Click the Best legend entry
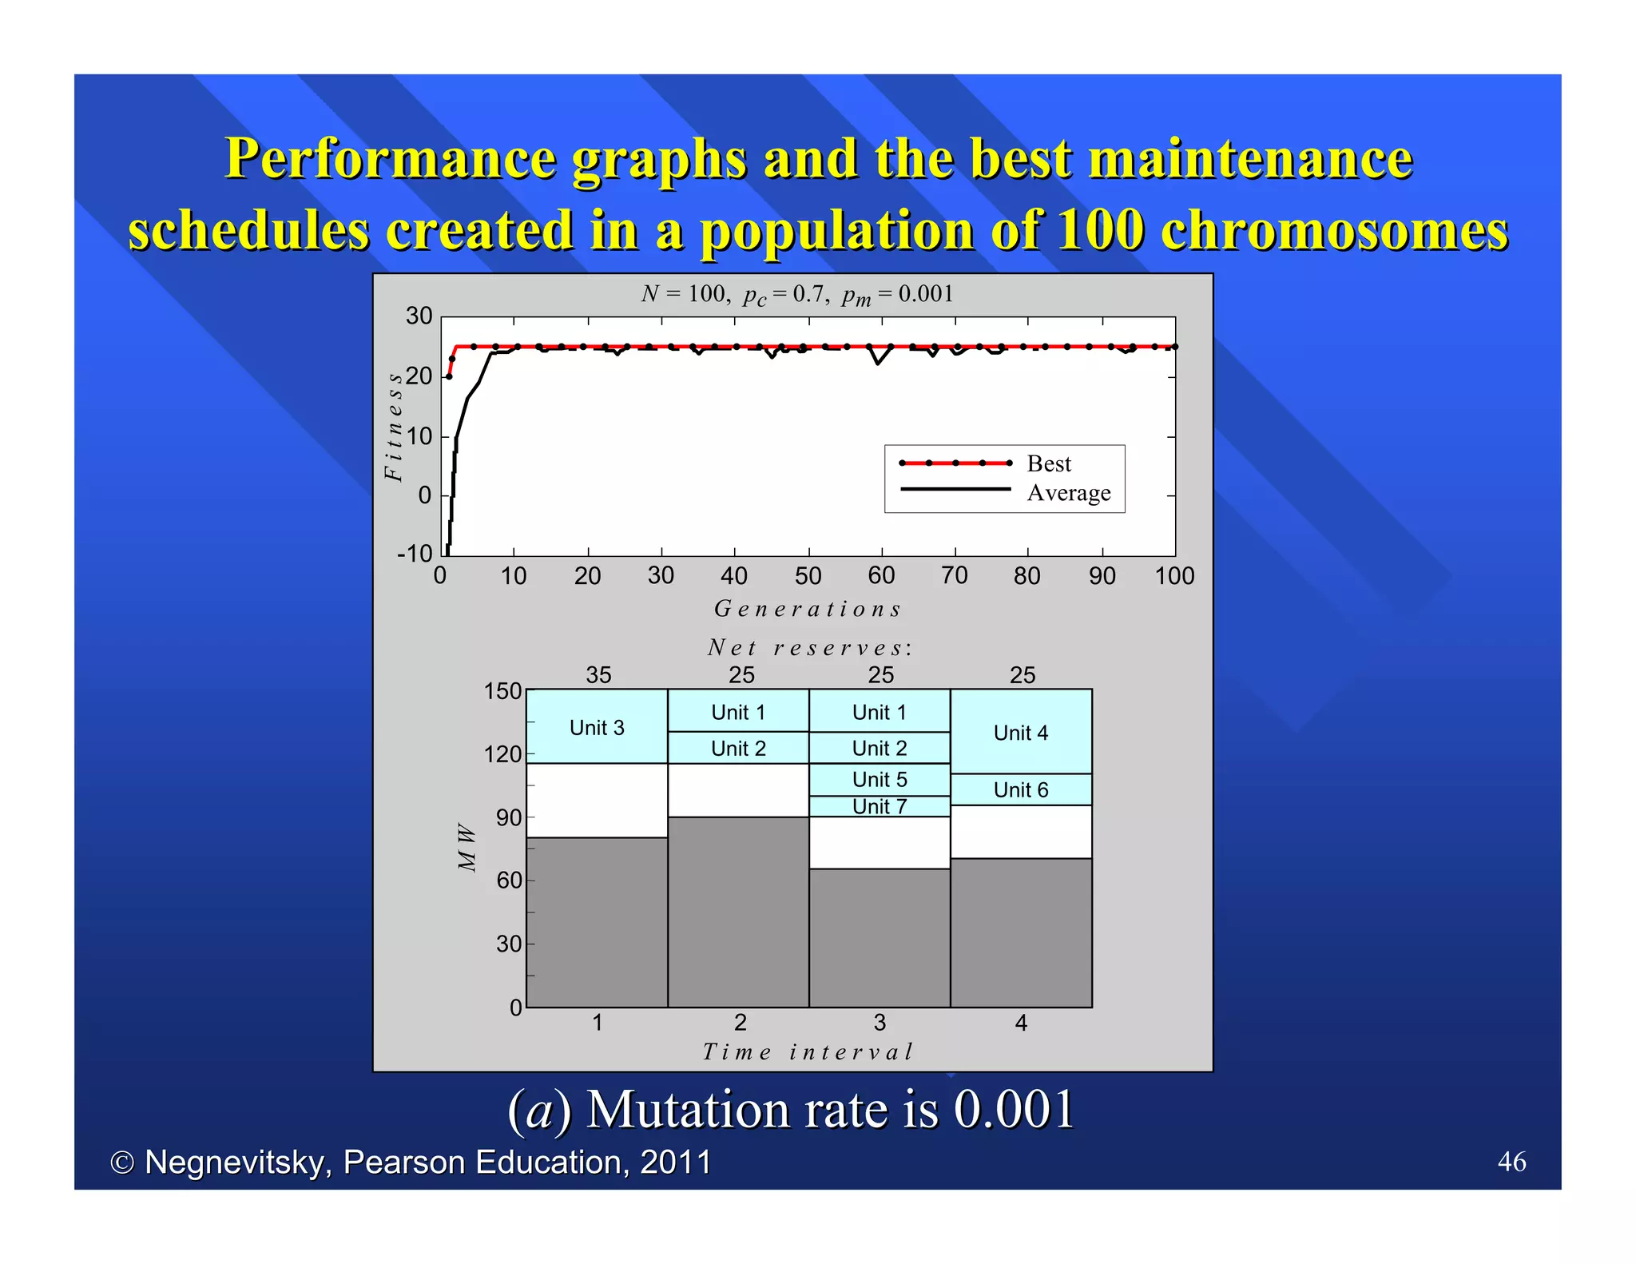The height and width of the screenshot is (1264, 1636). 1048,463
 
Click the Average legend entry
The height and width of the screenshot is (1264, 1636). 1068,492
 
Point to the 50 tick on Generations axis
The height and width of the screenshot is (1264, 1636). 808,576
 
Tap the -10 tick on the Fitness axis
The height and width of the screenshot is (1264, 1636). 415,554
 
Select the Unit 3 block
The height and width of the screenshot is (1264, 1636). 597,727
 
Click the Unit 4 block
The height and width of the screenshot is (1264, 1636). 1021,732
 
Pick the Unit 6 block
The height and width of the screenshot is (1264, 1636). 1021,789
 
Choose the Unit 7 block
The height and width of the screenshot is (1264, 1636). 880,806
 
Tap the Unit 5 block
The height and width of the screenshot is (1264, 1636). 880,779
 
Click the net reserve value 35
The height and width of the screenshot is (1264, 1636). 598,675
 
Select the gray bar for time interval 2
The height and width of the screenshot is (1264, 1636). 738,911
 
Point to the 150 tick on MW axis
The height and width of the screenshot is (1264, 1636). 502,691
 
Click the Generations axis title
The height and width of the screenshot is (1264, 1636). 807,609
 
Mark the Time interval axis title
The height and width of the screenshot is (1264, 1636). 807,1051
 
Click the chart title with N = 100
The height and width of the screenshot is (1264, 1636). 796,295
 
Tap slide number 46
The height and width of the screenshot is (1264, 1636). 1511,1161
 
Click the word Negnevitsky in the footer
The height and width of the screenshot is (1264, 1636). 237,1163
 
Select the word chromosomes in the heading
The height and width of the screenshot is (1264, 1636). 1333,230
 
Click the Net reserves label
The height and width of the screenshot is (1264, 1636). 809,647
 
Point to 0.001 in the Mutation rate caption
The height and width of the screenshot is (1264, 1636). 1014,1110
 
